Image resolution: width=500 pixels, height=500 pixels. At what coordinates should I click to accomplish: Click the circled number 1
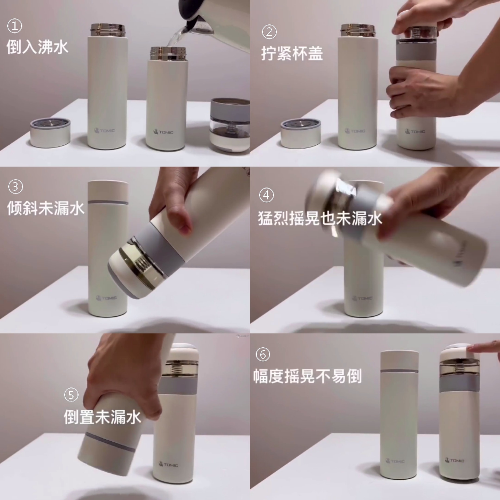(x=15, y=26)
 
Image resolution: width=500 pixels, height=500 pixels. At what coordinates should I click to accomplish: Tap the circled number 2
(x=269, y=32)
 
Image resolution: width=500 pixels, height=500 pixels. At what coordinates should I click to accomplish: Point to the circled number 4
(x=266, y=195)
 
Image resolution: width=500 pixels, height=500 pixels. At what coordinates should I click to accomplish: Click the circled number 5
(x=71, y=395)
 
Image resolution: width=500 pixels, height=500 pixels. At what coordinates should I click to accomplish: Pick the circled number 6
(x=263, y=354)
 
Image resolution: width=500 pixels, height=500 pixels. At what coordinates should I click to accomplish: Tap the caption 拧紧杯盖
(x=292, y=53)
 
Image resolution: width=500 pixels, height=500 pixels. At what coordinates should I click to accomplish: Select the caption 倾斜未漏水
(x=46, y=208)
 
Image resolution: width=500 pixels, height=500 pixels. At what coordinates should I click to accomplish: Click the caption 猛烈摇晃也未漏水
(x=320, y=218)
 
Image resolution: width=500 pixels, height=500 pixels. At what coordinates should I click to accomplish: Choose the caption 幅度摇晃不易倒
(x=307, y=376)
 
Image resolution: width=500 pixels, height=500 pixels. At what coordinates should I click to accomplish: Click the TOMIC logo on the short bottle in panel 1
(x=163, y=132)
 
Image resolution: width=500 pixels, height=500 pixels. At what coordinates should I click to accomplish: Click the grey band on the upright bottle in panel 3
(x=108, y=202)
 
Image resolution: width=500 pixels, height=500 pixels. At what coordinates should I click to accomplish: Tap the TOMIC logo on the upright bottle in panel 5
(x=168, y=465)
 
